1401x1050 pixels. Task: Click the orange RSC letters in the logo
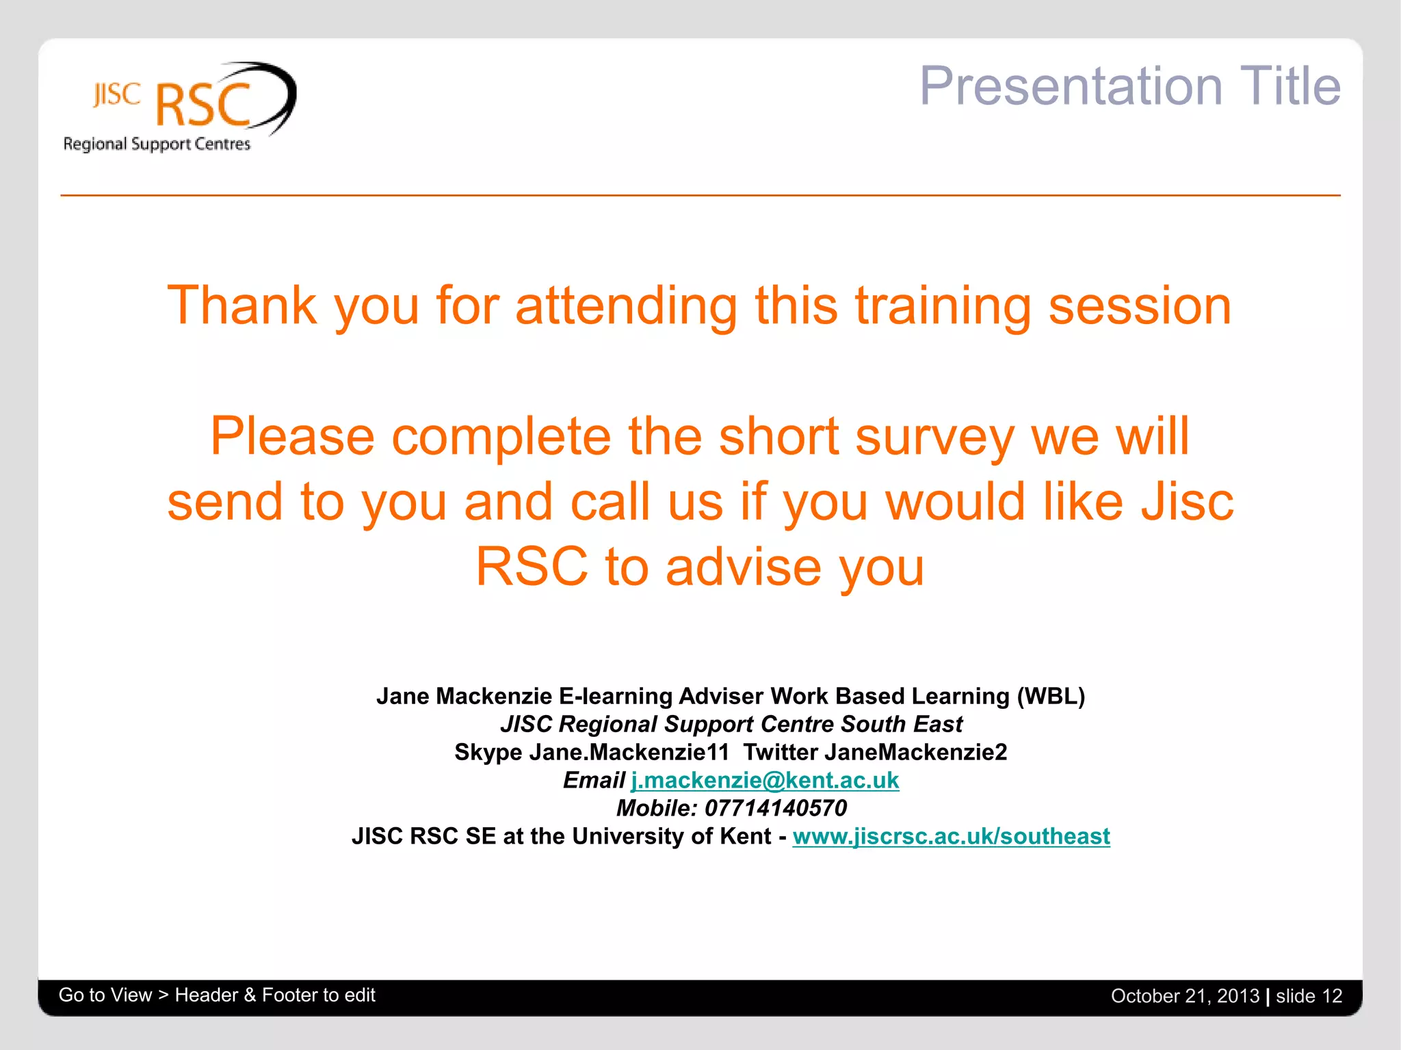[204, 105]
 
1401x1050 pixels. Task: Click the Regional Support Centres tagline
[157, 144]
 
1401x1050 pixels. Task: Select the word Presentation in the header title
[1071, 86]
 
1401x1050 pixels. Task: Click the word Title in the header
[1289, 86]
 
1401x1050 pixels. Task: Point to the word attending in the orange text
[626, 306]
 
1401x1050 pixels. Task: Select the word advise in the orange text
[743, 567]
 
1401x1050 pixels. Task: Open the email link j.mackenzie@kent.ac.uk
[764, 780]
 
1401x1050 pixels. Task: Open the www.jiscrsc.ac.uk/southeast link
[951, 836]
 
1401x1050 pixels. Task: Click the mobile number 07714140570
[775, 808]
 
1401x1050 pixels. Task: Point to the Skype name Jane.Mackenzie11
[629, 752]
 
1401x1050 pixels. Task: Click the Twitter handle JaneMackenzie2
[915, 752]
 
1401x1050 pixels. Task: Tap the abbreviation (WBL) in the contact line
[1051, 696]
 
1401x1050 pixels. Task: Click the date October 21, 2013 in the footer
[1185, 996]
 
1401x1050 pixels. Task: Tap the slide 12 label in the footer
[1309, 996]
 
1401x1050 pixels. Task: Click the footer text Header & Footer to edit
[275, 995]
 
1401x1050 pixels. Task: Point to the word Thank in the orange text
[241, 306]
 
